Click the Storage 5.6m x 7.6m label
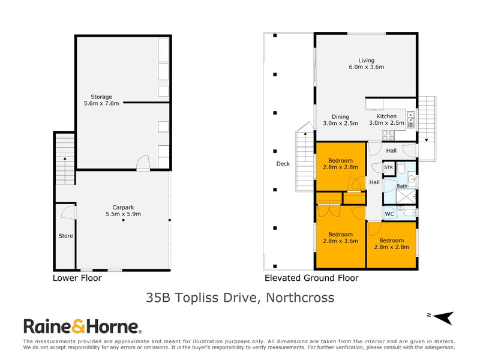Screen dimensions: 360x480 click(101, 100)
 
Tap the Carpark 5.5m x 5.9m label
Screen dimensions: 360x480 click(122, 210)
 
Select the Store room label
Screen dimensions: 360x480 click(65, 236)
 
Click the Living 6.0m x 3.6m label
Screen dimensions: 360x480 click(366, 64)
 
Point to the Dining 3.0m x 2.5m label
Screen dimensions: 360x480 click(340, 120)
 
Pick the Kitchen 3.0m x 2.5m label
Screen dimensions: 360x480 click(386, 119)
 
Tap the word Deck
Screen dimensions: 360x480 click(283, 164)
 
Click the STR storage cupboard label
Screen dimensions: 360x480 click(389, 168)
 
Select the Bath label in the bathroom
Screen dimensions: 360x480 click(401, 186)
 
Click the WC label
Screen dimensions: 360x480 click(389, 213)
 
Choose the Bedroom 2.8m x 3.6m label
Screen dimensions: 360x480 click(340, 238)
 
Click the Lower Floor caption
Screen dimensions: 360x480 click(77, 278)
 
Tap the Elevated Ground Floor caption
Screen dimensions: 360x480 click(311, 278)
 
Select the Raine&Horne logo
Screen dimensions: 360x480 click(82, 327)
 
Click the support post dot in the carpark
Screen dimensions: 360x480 click(123, 221)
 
